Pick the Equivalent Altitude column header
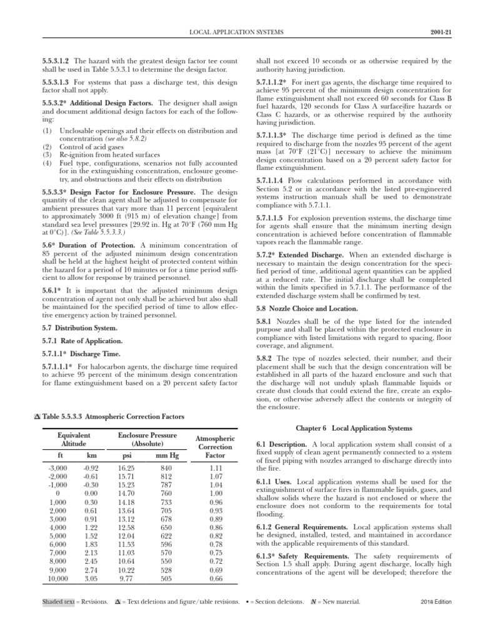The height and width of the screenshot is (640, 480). click(x=74, y=439)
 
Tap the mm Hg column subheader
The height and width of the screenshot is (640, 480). click(x=166, y=456)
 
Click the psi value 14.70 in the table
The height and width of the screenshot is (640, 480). click(x=127, y=493)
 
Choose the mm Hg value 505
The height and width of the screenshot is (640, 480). click(x=166, y=579)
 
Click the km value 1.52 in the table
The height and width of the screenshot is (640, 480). click(x=91, y=536)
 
